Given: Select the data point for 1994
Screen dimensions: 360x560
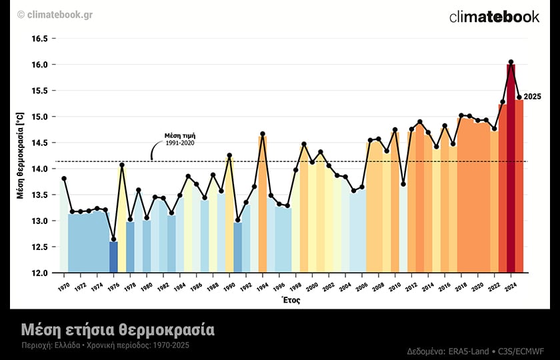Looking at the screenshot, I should pos(263,134).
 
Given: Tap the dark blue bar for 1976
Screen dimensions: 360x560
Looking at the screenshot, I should pos(113,257).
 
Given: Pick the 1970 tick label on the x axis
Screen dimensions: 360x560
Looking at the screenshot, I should pos(63,285).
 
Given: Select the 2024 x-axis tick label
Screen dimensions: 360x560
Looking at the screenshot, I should pos(509,285).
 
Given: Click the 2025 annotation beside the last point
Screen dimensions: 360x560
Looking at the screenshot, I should pos(532,97).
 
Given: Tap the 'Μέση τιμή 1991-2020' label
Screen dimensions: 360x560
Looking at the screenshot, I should pos(180,139).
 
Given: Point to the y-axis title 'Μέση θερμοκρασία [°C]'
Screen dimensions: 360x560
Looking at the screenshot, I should pos(21,155).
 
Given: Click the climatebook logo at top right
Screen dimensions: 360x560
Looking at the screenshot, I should pos(494,17).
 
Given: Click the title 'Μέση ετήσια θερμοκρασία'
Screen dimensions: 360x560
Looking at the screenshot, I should pos(117,329).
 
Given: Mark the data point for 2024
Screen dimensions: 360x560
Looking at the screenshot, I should pos(511,62).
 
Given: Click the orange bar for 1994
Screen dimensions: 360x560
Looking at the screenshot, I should pos(263,207).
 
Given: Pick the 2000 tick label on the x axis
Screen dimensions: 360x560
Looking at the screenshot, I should pos(312,285).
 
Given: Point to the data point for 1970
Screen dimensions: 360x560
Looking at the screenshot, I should pos(64,179).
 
